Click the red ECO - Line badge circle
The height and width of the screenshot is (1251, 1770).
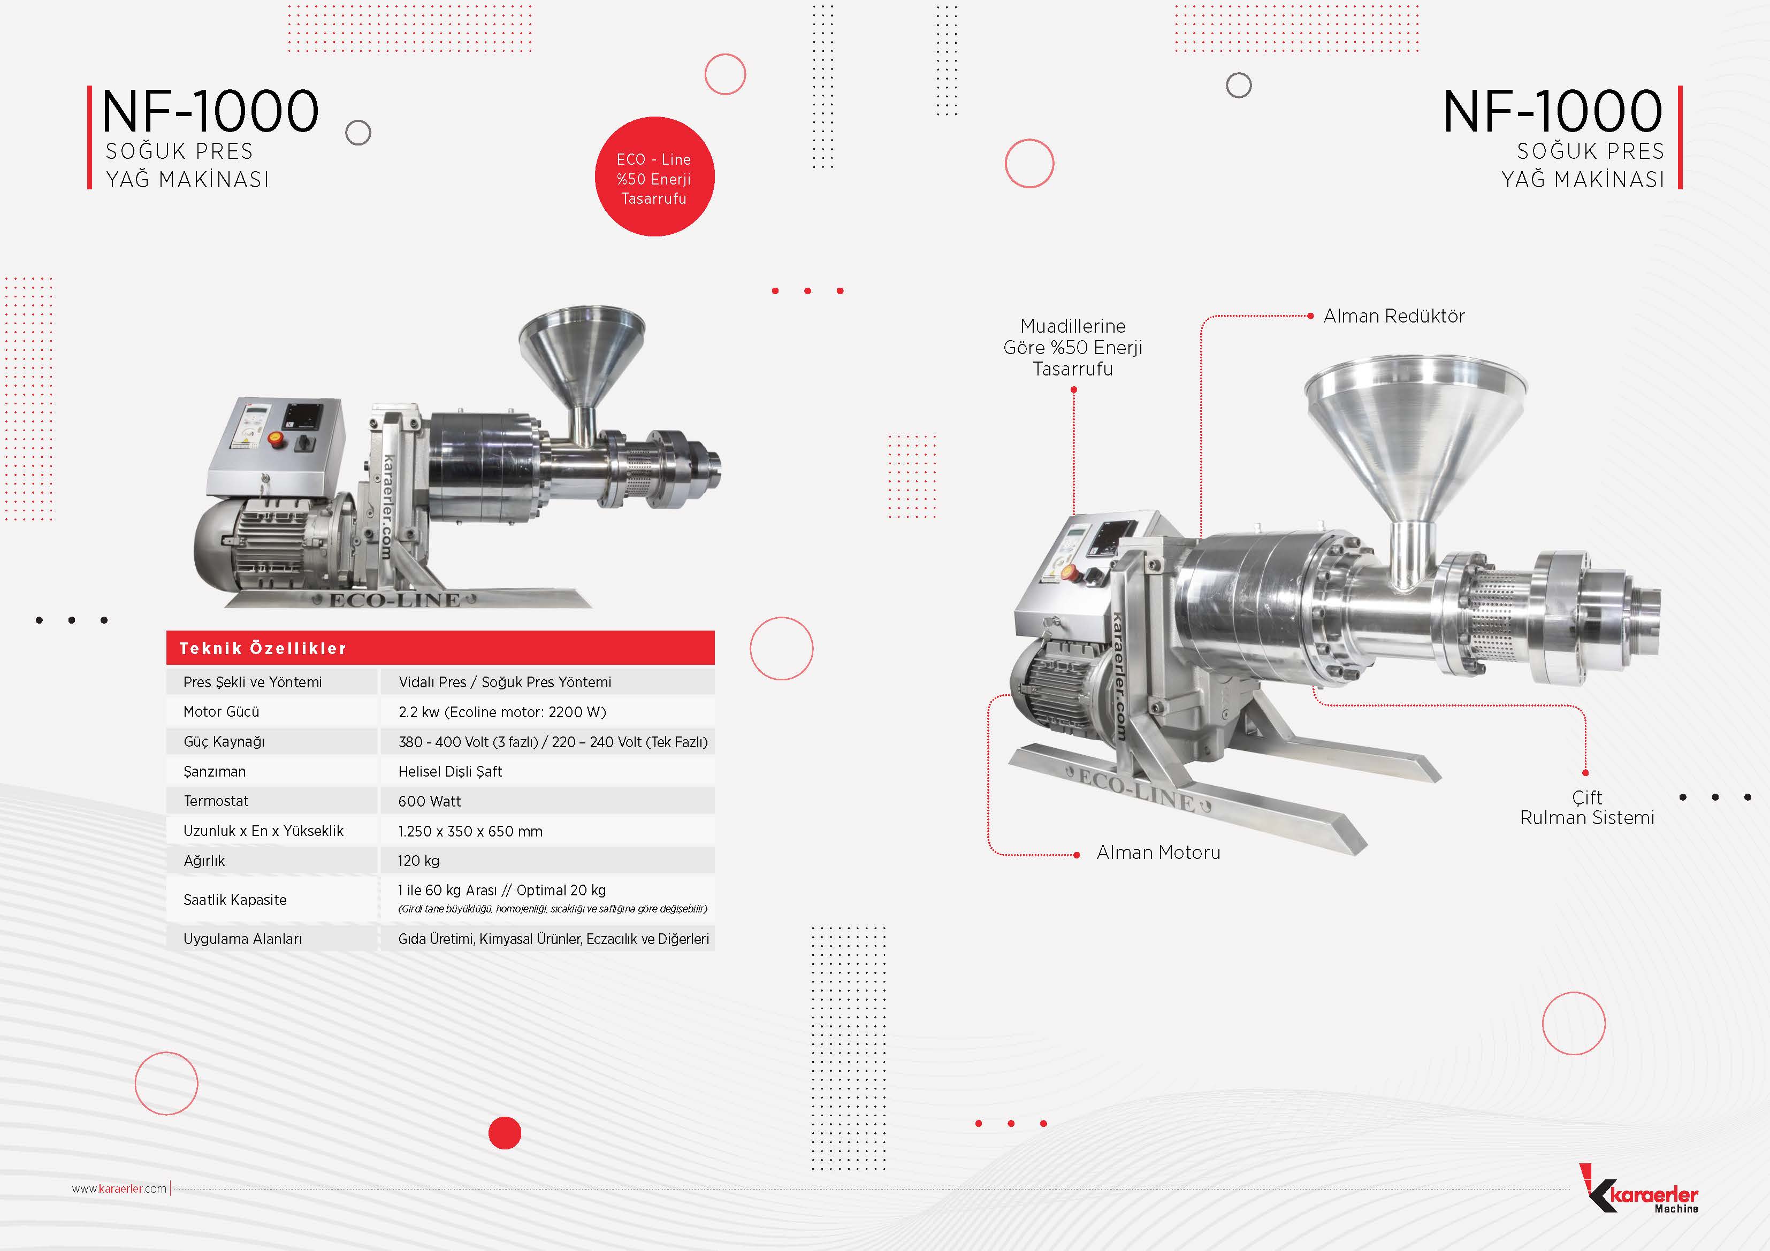click(654, 176)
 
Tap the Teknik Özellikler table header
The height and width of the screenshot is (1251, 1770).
click(440, 648)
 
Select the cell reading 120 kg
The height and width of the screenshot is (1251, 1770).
click(547, 860)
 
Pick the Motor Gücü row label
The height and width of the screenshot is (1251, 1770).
click(222, 711)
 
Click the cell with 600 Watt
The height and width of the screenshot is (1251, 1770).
click(547, 801)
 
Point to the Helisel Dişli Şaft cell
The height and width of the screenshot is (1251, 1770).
click(547, 771)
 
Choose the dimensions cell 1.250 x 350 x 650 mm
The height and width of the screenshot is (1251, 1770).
click(547, 831)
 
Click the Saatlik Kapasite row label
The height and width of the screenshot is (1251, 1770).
click(235, 900)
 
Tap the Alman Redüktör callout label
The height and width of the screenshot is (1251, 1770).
click(1394, 316)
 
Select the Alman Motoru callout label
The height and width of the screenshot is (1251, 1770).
click(1158, 853)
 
